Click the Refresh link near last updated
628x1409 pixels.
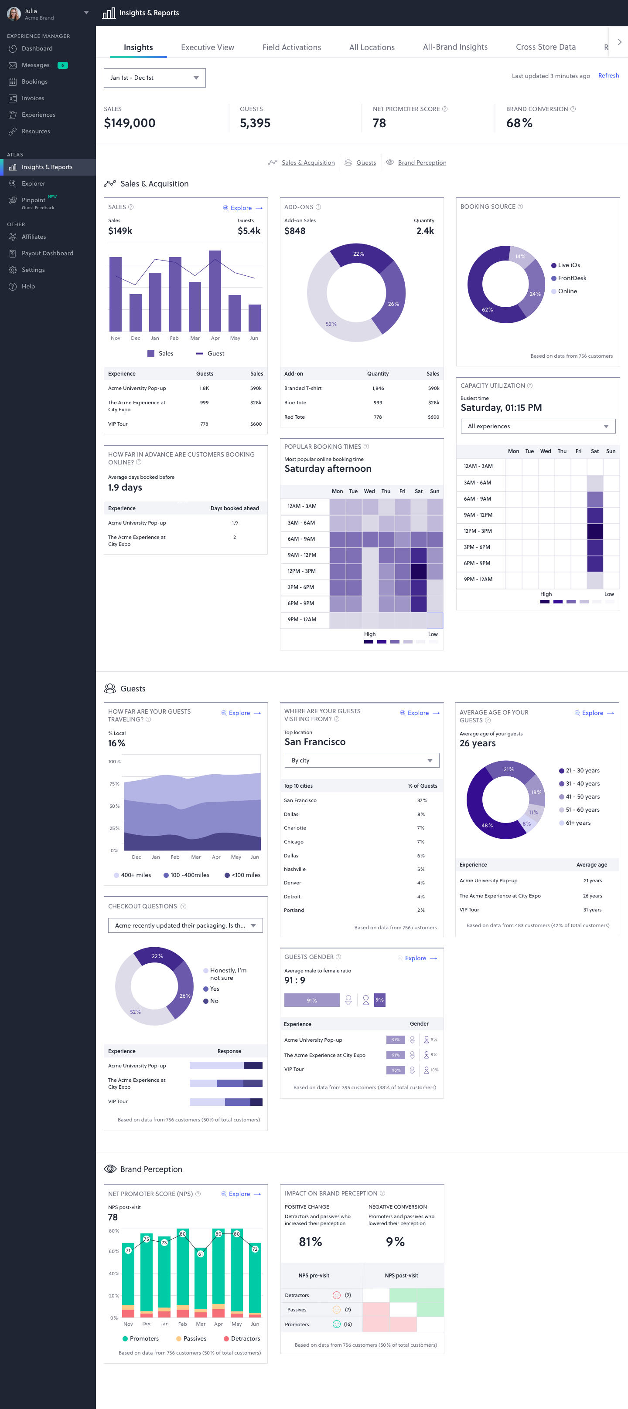click(x=608, y=75)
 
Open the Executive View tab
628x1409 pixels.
click(x=208, y=47)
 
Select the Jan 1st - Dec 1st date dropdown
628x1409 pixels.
click(x=154, y=78)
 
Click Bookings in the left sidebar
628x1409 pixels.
click(x=34, y=81)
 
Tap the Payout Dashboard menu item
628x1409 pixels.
click(x=47, y=253)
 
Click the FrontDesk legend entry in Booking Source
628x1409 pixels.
click(x=572, y=278)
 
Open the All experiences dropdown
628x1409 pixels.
click(x=538, y=426)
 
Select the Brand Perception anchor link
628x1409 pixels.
click(x=422, y=163)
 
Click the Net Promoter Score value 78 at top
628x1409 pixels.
click(x=379, y=123)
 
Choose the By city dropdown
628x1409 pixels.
click(x=362, y=760)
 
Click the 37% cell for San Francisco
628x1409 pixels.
click(x=422, y=800)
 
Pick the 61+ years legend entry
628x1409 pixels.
click(x=577, y=823)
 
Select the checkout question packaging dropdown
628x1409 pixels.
click(x=185, y=925)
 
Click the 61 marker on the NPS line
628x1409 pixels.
click(x=200, y=1253)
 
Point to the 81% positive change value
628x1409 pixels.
click(x=310, y=1242)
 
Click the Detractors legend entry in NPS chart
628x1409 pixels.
click(x=245, y=1338)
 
